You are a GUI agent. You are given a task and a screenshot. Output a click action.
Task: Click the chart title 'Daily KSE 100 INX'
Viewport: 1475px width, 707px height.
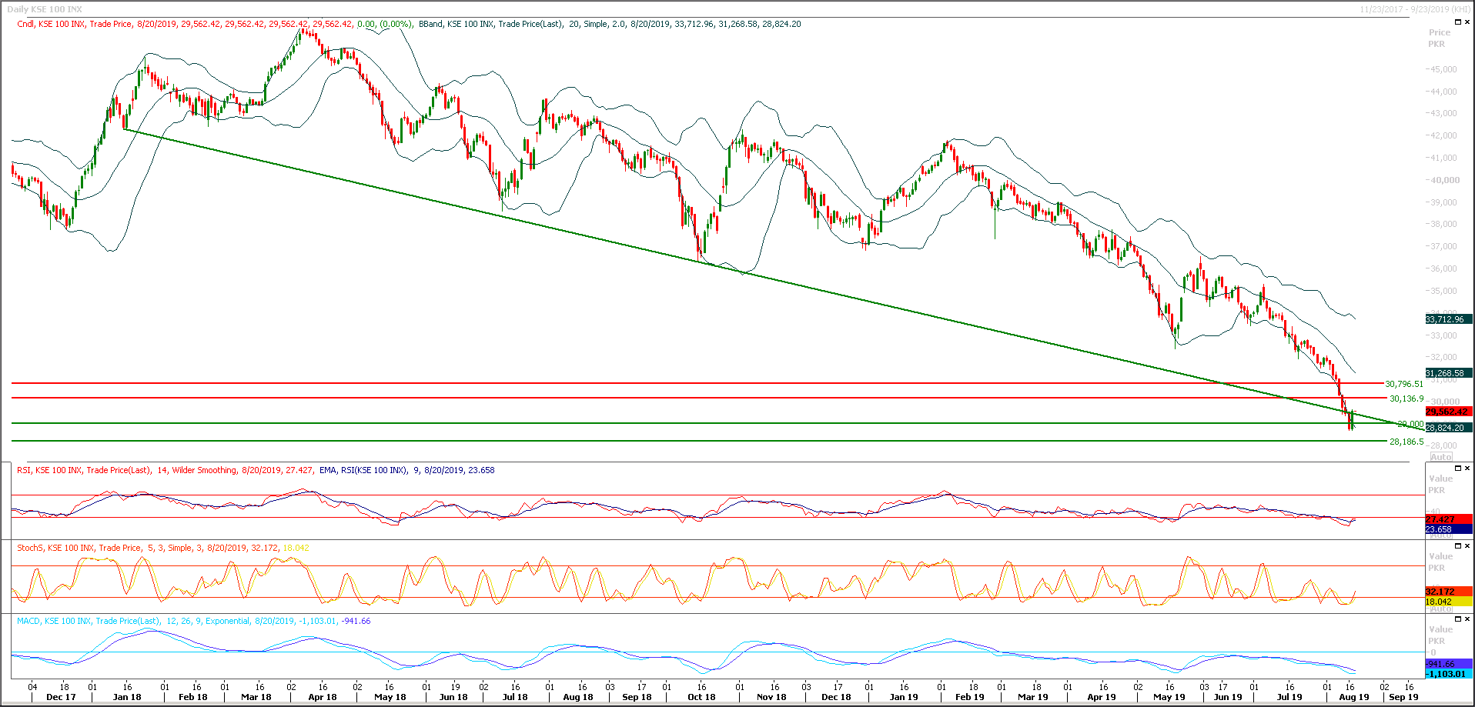coord(45,9)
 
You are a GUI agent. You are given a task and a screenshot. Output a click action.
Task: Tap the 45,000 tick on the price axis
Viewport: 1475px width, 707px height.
coord(1443,69)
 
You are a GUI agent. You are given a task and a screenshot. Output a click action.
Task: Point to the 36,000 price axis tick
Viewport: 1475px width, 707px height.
coord(1443,269)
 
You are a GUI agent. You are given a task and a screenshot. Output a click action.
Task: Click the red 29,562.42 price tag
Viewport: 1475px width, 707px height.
coord(1447,412)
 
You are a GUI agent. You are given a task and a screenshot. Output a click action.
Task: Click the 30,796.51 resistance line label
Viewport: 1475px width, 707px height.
coord(1404,384)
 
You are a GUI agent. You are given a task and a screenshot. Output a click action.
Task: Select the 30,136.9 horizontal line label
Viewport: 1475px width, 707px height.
coord(1406,399)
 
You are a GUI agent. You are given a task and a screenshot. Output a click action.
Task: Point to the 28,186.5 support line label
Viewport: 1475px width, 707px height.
coord(1406,442)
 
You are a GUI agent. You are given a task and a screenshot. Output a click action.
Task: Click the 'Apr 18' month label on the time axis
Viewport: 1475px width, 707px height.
coord(323,697)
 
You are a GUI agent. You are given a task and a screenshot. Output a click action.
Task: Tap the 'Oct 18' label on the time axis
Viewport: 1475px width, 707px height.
coord(701,697)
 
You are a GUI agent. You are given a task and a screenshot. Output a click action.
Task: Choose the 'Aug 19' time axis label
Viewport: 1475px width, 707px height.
coord(1354,697)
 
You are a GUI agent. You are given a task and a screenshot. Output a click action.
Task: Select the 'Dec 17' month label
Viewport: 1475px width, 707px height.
coord(61,697)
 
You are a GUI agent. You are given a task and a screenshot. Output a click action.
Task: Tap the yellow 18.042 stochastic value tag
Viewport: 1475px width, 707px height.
coord(1438,602)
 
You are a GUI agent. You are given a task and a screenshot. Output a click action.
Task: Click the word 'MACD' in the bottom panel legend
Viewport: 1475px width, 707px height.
coord(28,621)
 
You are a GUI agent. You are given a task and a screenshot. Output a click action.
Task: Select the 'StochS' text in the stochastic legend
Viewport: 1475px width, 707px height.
coord(30,548)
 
